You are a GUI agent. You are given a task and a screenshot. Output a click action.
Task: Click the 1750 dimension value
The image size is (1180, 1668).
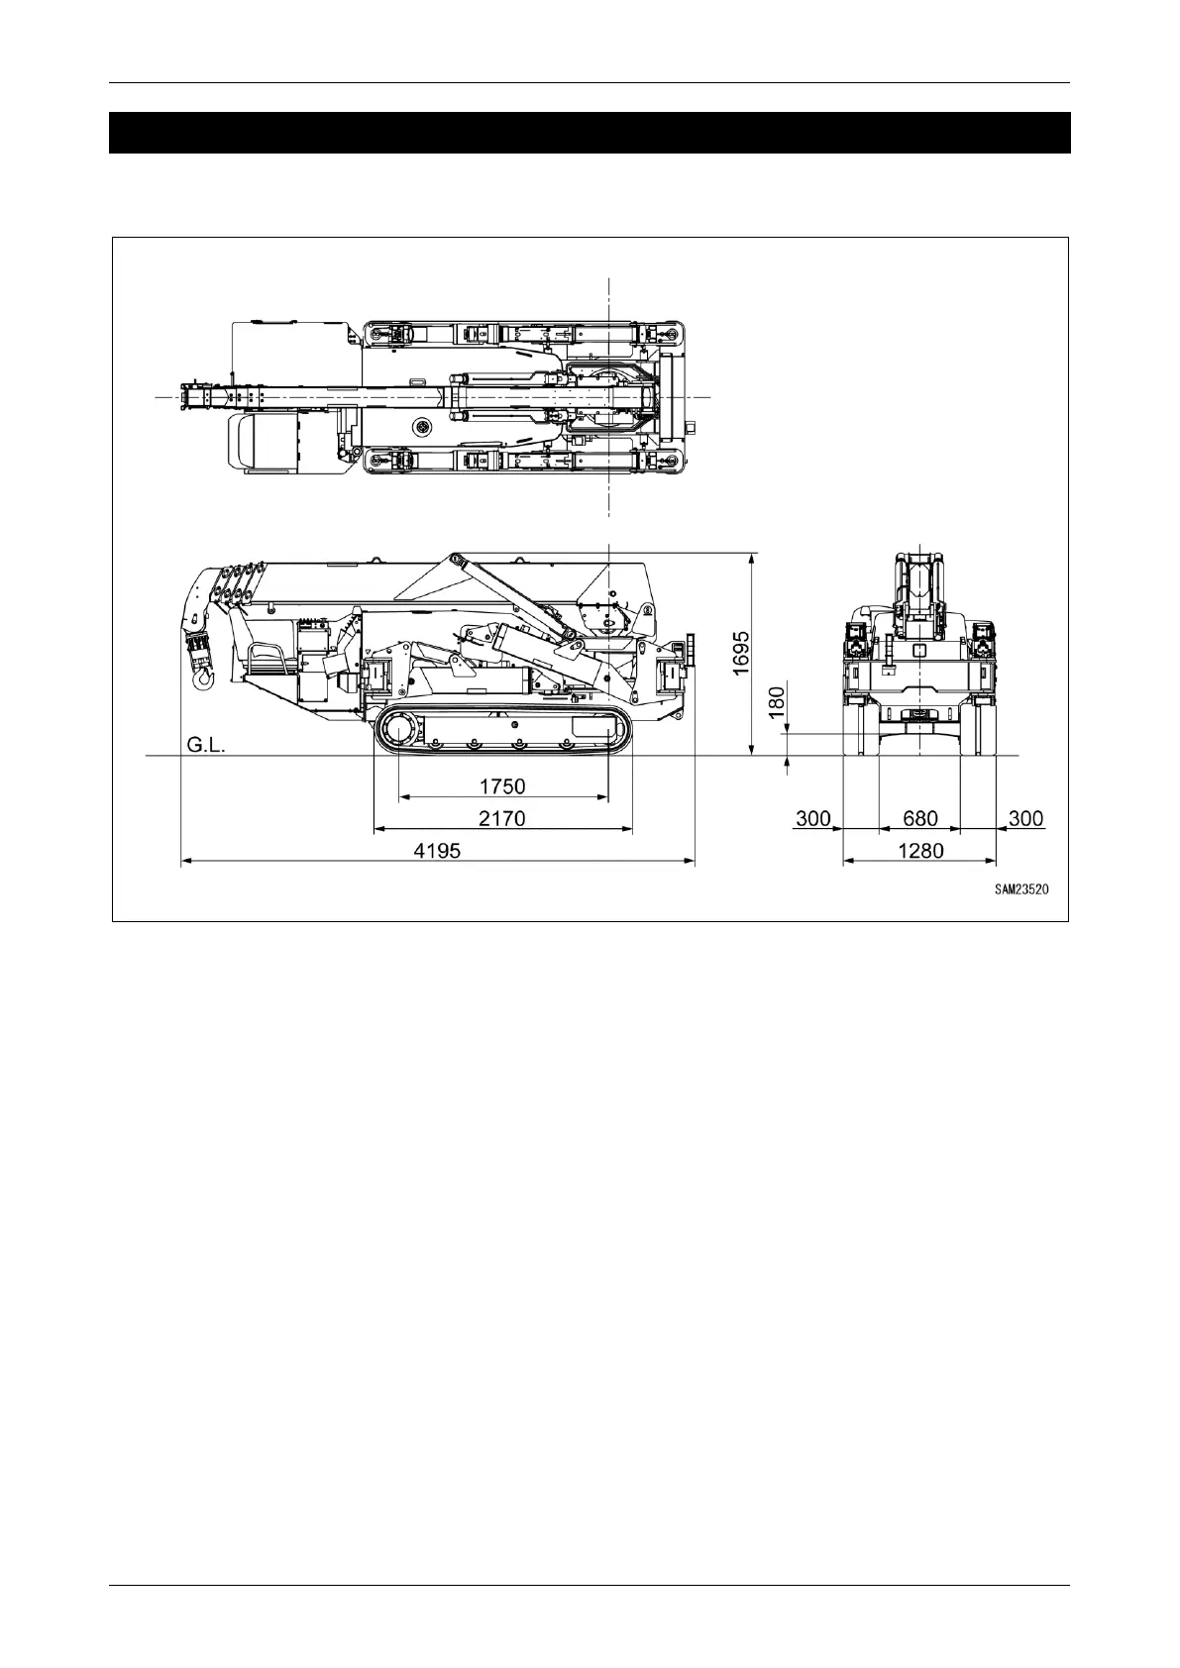502,786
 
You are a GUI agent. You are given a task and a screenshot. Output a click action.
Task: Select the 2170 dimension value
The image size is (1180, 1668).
502,818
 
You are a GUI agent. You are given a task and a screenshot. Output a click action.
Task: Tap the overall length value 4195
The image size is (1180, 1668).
437,851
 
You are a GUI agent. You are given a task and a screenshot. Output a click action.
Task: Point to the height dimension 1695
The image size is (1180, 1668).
740,653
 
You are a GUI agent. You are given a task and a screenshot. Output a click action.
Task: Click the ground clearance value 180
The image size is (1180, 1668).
776,703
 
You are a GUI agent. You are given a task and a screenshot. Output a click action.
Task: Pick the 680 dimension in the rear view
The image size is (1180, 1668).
920,818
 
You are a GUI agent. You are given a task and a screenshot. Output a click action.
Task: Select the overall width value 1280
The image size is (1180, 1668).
920,851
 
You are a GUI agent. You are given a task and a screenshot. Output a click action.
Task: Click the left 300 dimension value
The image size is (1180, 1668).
812,818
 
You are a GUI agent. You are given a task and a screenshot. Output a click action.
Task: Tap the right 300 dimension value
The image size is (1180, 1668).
1025,818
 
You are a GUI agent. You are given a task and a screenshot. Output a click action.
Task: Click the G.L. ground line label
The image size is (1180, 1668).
206,745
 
